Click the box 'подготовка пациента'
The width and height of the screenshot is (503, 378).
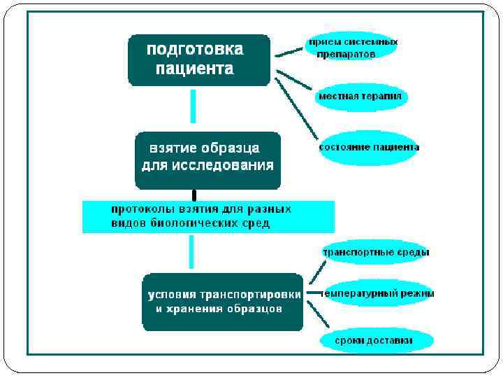click(198, 60)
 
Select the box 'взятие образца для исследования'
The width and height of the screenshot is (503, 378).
click(207, 160)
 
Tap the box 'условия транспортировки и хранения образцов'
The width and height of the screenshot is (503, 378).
click(222, 302)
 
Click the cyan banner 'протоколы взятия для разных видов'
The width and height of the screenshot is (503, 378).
click(208, 216)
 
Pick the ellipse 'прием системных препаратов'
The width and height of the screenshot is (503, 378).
click(353, 48)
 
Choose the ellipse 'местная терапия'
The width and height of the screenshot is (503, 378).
click(360, 97)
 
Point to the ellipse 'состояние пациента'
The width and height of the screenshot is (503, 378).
click(369, 148)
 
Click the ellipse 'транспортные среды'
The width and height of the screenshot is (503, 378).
click(375, 252)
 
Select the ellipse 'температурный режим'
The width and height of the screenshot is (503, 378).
click(378, 294)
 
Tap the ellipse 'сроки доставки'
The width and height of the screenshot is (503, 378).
click(377, 341)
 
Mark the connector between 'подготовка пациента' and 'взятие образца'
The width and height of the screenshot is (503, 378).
click(194, 106)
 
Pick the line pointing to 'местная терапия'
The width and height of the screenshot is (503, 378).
click(294, 79)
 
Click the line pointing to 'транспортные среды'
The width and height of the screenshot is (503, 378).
click(317, 271)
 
